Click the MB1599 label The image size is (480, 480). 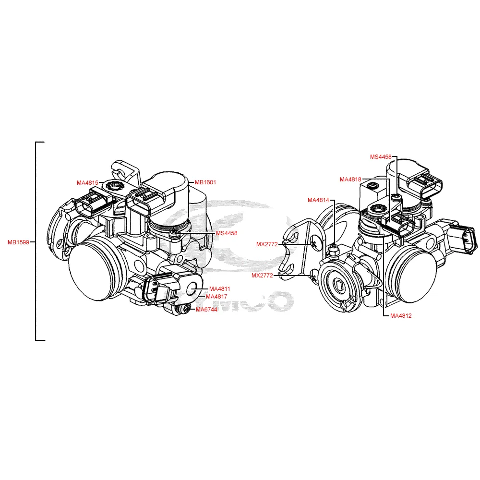18,242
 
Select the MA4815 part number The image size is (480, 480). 87,183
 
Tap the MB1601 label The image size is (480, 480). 205,182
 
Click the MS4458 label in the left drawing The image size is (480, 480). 227,233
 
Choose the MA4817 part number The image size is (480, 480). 216,297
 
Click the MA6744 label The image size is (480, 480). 206,310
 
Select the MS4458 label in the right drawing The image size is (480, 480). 381,157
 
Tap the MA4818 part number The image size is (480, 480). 350,180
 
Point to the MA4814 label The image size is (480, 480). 319,200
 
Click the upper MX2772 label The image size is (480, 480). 267,244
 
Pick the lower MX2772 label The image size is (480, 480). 263,276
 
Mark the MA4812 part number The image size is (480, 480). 401,316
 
